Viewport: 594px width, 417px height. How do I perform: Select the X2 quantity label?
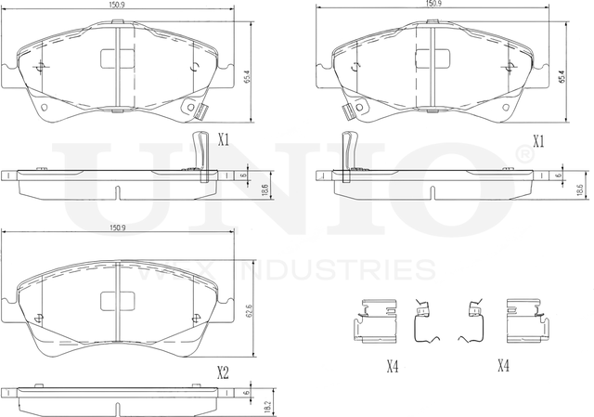(x=223, y=373)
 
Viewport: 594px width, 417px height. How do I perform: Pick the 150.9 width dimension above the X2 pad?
(x=118, y=226)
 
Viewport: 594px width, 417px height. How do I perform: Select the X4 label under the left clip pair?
(x=392, y=366)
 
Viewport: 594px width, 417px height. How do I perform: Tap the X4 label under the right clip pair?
(x=502, y=366)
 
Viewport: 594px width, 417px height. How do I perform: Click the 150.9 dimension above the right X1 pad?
(x=433, y=4)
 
